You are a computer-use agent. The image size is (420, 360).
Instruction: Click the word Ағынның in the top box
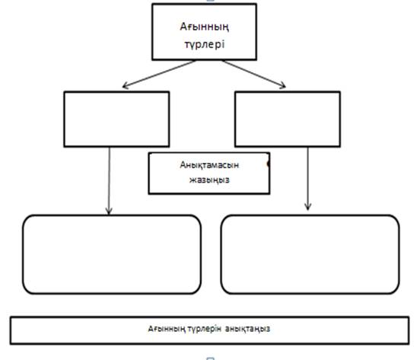(x=205, y=27)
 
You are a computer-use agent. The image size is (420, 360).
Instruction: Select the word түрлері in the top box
(x=205, y=44)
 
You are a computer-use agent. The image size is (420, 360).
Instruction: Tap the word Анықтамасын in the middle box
(x=209, y=164)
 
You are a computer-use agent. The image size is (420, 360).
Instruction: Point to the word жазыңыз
(x=209, y=180)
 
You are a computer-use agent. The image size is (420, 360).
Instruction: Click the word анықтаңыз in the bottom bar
(x=247, y=329)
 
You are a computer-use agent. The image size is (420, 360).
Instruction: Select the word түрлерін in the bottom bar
(x=204, y=329)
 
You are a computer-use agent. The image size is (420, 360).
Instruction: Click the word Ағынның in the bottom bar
(x=167, y=329)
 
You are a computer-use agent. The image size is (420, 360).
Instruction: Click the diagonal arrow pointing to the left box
(x=159, y=74)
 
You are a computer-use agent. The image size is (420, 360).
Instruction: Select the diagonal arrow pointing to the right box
(x=254, y=74)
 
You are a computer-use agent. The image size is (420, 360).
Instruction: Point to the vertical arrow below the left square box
(x=109, y=181)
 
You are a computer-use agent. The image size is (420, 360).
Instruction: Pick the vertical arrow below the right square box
(x=307, y=179)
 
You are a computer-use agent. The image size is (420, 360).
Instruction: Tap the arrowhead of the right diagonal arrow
(x=283, y=85)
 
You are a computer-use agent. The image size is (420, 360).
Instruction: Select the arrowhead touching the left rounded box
(x=109, y=211)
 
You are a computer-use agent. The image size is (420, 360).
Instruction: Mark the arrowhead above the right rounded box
(x=307, y=207)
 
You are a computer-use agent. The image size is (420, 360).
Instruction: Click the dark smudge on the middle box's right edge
(x=268, y=164)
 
